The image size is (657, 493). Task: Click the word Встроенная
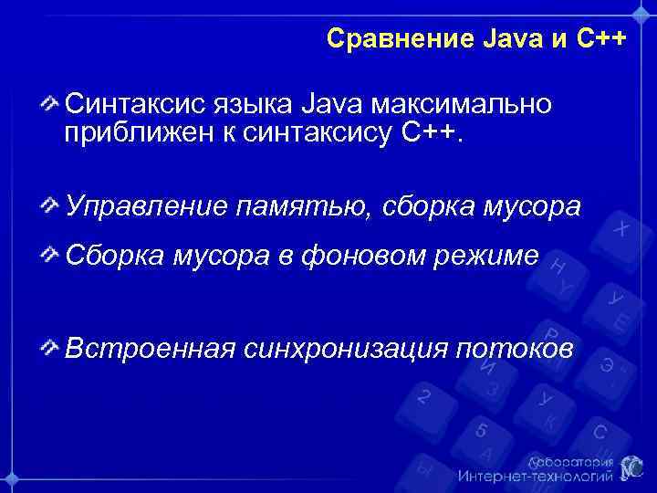[150, 348]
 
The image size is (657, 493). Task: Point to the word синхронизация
[346, 348]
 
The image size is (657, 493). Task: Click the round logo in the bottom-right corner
[632, 467]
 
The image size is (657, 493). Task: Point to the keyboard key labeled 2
[423, 397]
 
